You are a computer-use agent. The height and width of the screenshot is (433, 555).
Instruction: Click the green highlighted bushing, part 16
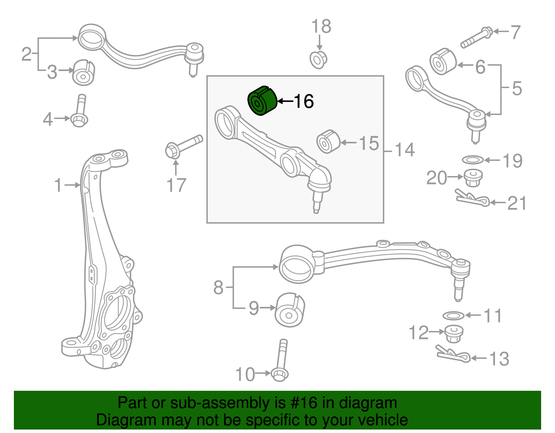262,101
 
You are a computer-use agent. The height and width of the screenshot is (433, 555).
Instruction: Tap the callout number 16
304,101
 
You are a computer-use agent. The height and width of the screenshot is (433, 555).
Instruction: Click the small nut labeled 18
318,60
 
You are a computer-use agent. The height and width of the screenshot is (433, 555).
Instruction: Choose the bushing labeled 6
443,62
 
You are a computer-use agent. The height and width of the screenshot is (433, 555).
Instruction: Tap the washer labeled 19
472,160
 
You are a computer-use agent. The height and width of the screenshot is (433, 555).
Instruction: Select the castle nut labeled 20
473,177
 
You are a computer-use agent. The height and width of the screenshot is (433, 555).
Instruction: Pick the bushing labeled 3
84,72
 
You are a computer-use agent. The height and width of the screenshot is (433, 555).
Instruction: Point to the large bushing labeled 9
290,310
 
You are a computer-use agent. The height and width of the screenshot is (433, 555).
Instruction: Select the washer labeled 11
453,315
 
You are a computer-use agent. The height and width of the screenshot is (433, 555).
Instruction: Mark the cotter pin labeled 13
453,354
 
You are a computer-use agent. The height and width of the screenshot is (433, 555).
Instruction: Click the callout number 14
404,150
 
